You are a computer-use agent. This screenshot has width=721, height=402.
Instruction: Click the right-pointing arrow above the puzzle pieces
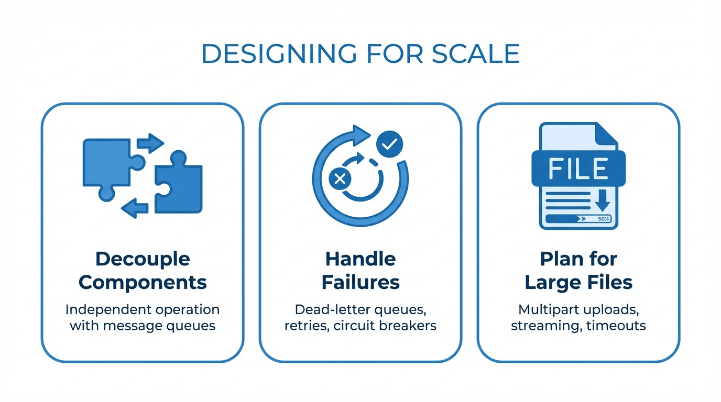150,143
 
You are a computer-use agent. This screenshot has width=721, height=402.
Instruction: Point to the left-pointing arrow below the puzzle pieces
135,208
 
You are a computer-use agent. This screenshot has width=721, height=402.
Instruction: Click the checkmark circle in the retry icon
389,144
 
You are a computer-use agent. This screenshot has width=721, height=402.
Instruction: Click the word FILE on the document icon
578,169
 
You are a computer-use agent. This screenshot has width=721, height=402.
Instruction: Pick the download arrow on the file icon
603,200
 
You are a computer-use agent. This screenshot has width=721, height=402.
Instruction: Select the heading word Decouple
143,259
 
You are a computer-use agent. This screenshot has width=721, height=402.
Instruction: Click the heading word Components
143,283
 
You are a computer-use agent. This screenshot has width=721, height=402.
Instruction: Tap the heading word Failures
360,283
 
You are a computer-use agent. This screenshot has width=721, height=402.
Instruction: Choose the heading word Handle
360,259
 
